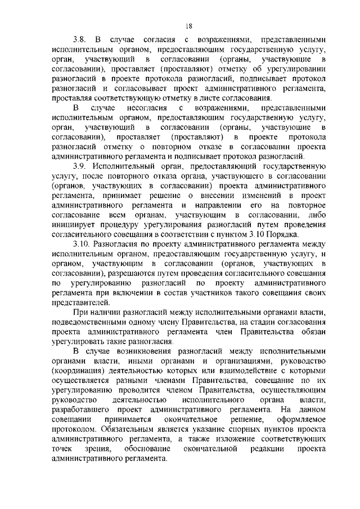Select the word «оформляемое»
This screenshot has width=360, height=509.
302,420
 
